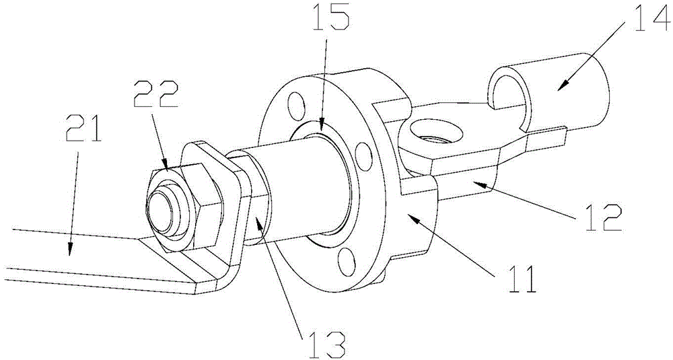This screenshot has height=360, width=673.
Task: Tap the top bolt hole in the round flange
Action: tap(294, 105)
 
